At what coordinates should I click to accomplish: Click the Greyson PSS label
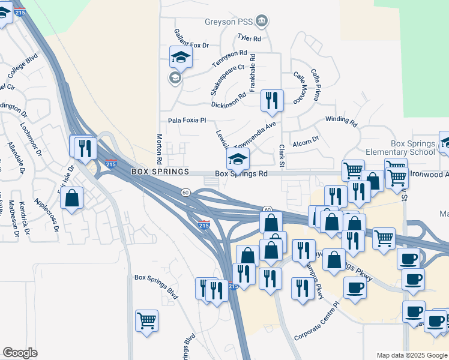230,22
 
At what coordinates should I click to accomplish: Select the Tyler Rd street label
249,38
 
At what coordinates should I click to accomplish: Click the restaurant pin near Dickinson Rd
272,100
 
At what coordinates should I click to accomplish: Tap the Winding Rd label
341,121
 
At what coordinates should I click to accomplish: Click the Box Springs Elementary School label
396,148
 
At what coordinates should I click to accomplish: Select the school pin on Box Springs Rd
238,159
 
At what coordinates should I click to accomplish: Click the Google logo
20,352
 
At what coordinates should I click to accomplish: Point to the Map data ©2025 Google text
411,355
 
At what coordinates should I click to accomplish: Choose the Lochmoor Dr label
30,137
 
